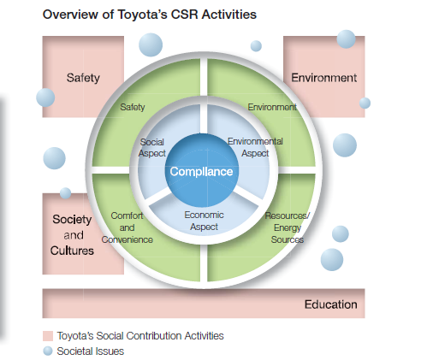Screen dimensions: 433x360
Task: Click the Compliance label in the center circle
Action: pos(201,172)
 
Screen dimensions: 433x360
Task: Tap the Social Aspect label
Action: pos(152,148)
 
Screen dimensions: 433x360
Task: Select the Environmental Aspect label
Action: pos(255,147)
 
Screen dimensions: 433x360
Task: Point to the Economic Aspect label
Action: pos(204,221)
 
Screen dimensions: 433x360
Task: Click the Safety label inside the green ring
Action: pos(133,107)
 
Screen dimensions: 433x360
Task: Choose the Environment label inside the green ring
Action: pos(272,107)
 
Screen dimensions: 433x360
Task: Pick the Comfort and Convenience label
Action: pos(127,227)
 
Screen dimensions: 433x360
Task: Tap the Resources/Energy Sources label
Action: pos(288,227)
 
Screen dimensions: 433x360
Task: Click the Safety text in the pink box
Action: pos(83,78)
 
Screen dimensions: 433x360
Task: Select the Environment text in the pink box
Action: pos(323,78)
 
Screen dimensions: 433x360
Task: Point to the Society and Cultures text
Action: pos(72,235)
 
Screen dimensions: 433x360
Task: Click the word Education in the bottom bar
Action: pos(330,304)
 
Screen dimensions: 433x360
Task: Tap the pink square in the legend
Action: pos(48,336)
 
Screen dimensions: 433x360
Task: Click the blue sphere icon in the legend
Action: pos(48,351)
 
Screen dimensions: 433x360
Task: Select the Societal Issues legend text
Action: pos(91,351)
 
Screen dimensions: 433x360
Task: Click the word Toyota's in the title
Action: pos(142,15)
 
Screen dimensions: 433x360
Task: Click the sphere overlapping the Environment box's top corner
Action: pos(346,39)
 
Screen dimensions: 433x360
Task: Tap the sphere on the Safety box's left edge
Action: pos(45,97)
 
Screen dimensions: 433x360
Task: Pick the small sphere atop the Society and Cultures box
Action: pos(65,193)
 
